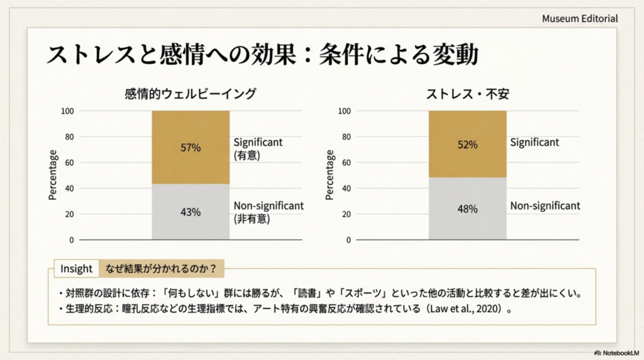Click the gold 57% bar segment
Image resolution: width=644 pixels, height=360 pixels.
point(191,147)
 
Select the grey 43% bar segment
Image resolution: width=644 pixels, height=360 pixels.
point(191,212)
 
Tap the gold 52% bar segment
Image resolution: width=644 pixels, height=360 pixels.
point(467,144)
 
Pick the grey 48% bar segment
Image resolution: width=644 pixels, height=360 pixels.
point(467,208)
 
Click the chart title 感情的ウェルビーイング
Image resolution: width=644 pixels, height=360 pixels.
point(191,94)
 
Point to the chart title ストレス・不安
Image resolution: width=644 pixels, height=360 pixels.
point(467,94)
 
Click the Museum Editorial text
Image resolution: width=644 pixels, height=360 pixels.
point(580,19)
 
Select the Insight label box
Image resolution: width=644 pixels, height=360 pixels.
point(76,269)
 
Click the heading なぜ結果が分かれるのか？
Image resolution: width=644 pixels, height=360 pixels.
point(161,269)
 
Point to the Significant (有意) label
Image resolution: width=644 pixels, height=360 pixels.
point(258,148)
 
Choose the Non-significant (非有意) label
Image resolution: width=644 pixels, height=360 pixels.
point(269,212)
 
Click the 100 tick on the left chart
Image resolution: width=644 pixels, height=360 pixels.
point(67,111)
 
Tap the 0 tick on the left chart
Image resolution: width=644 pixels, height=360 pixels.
point(71,240)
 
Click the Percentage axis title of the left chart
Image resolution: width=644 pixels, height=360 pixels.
point(53,175)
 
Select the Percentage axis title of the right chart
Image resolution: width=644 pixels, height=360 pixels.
point(330,175)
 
